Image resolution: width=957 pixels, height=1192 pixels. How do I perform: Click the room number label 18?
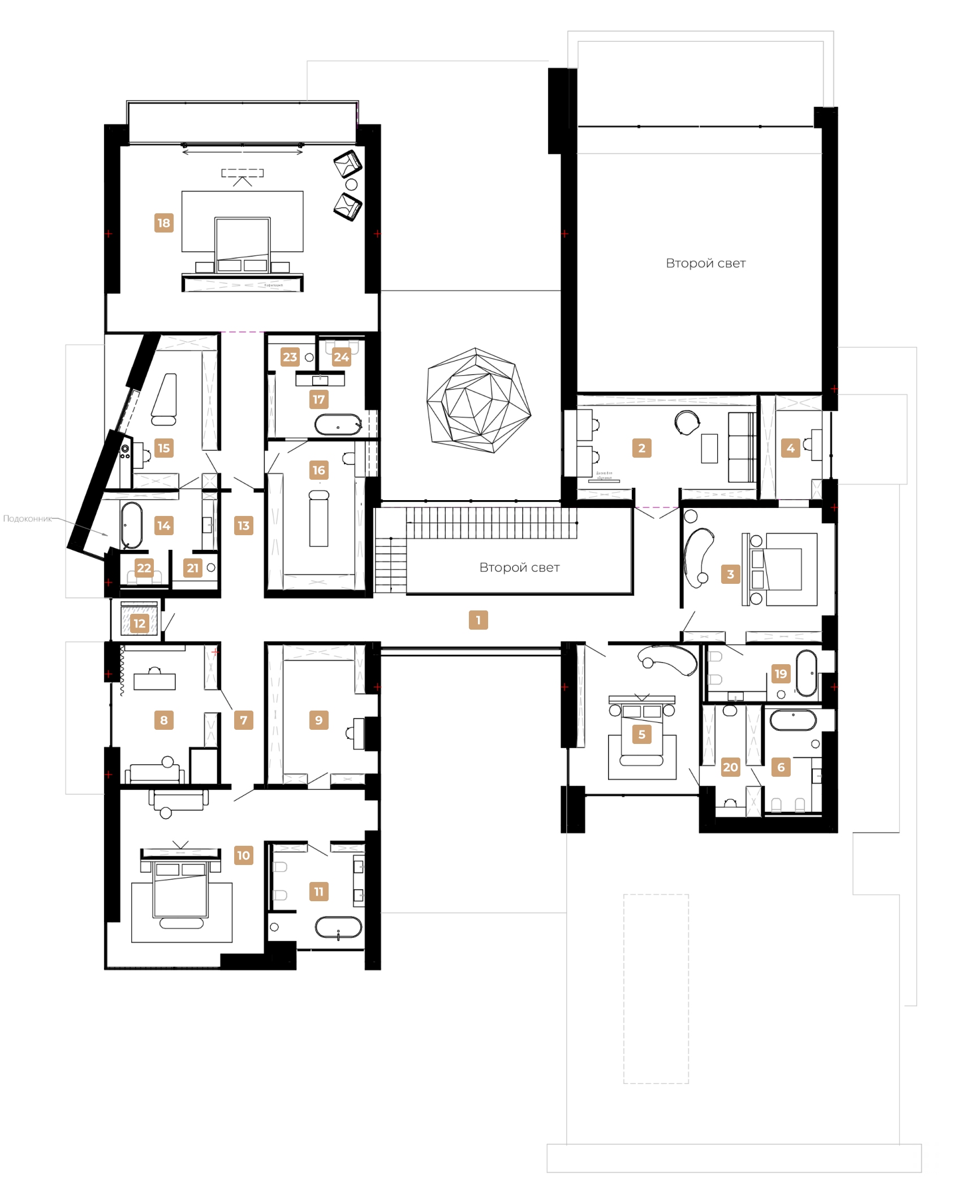coord(163,223)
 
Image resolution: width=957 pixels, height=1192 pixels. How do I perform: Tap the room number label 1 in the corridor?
coord(478,620)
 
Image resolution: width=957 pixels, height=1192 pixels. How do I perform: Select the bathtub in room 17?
coord(338,424)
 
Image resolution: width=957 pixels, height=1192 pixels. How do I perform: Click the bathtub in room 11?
coord(338,928)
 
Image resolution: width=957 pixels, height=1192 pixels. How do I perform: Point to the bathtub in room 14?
coord(131,525)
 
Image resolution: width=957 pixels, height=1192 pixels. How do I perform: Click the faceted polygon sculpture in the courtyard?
coord(478,400)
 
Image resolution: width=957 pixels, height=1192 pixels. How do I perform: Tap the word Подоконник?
coord(27,519)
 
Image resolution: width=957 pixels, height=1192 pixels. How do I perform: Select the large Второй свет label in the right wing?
coord(705,263)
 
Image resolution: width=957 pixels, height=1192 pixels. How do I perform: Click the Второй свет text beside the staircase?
coord(519,567)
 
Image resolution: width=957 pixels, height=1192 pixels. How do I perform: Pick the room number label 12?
coord(139,623)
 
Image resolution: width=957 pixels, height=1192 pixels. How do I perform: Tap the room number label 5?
coord(641,734)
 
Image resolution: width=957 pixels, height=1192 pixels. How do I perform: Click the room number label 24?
coord(341,357)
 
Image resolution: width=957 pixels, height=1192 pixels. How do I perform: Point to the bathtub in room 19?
coord(806,673)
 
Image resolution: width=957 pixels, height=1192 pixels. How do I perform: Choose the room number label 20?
coord(730,767)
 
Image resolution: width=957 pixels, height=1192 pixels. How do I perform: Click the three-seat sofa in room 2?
coord(742,447)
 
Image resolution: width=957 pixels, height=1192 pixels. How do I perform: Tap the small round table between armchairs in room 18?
coord(351,184)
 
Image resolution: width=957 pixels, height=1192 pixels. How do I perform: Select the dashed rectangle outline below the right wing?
coord(656,988)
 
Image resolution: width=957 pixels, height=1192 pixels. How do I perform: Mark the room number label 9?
coord(318,720)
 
